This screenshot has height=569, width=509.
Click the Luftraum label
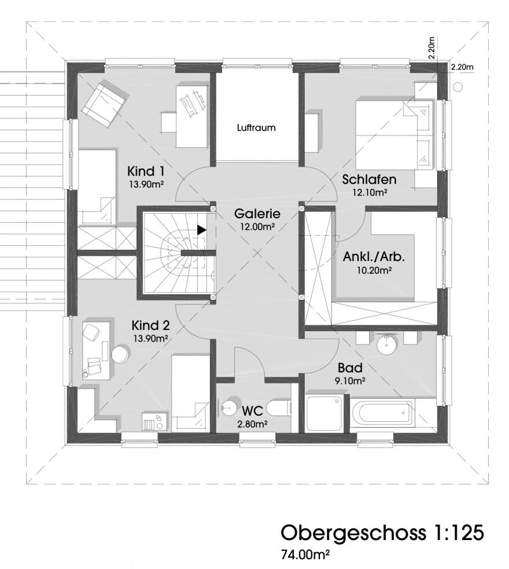(x=256, y=128)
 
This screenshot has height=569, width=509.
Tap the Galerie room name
(x=257, y=214)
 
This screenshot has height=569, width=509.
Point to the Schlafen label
(x=369, y=179)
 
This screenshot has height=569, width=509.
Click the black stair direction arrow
(x=201, y=230)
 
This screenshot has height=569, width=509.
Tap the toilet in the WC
(x=279, y=409)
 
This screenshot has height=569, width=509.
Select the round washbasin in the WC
(x=230, y=408)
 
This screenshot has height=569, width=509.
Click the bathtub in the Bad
(x=382, y=412)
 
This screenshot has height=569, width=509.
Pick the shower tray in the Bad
(x=325, y=413)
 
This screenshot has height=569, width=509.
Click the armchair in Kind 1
(x=105, y=103)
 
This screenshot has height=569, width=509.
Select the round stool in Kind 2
(x=120, y=354)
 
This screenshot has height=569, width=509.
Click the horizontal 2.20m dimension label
(x=463, y=67)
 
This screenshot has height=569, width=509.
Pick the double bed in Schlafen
(x=394, y=135)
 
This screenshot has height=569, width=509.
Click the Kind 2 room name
(x=150, y=325)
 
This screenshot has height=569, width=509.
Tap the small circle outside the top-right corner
(x=458, y=86)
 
